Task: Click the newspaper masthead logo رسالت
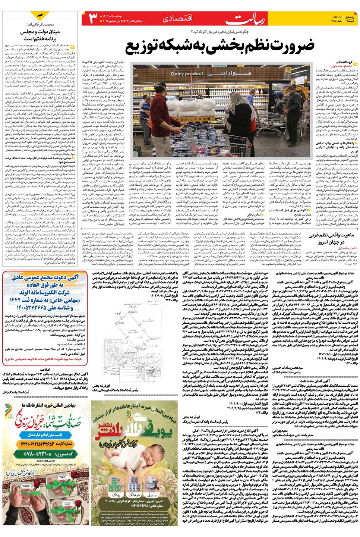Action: (x=246, y=19)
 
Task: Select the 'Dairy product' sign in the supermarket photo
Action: (x=187, y=74)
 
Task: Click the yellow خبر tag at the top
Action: (x=40, y=15)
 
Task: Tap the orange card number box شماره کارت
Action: (x=45, y=444)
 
